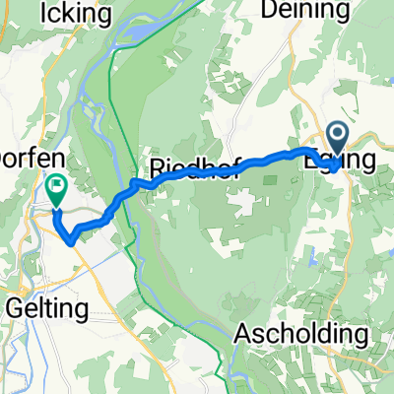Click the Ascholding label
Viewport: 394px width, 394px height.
(x=303, y=334)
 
